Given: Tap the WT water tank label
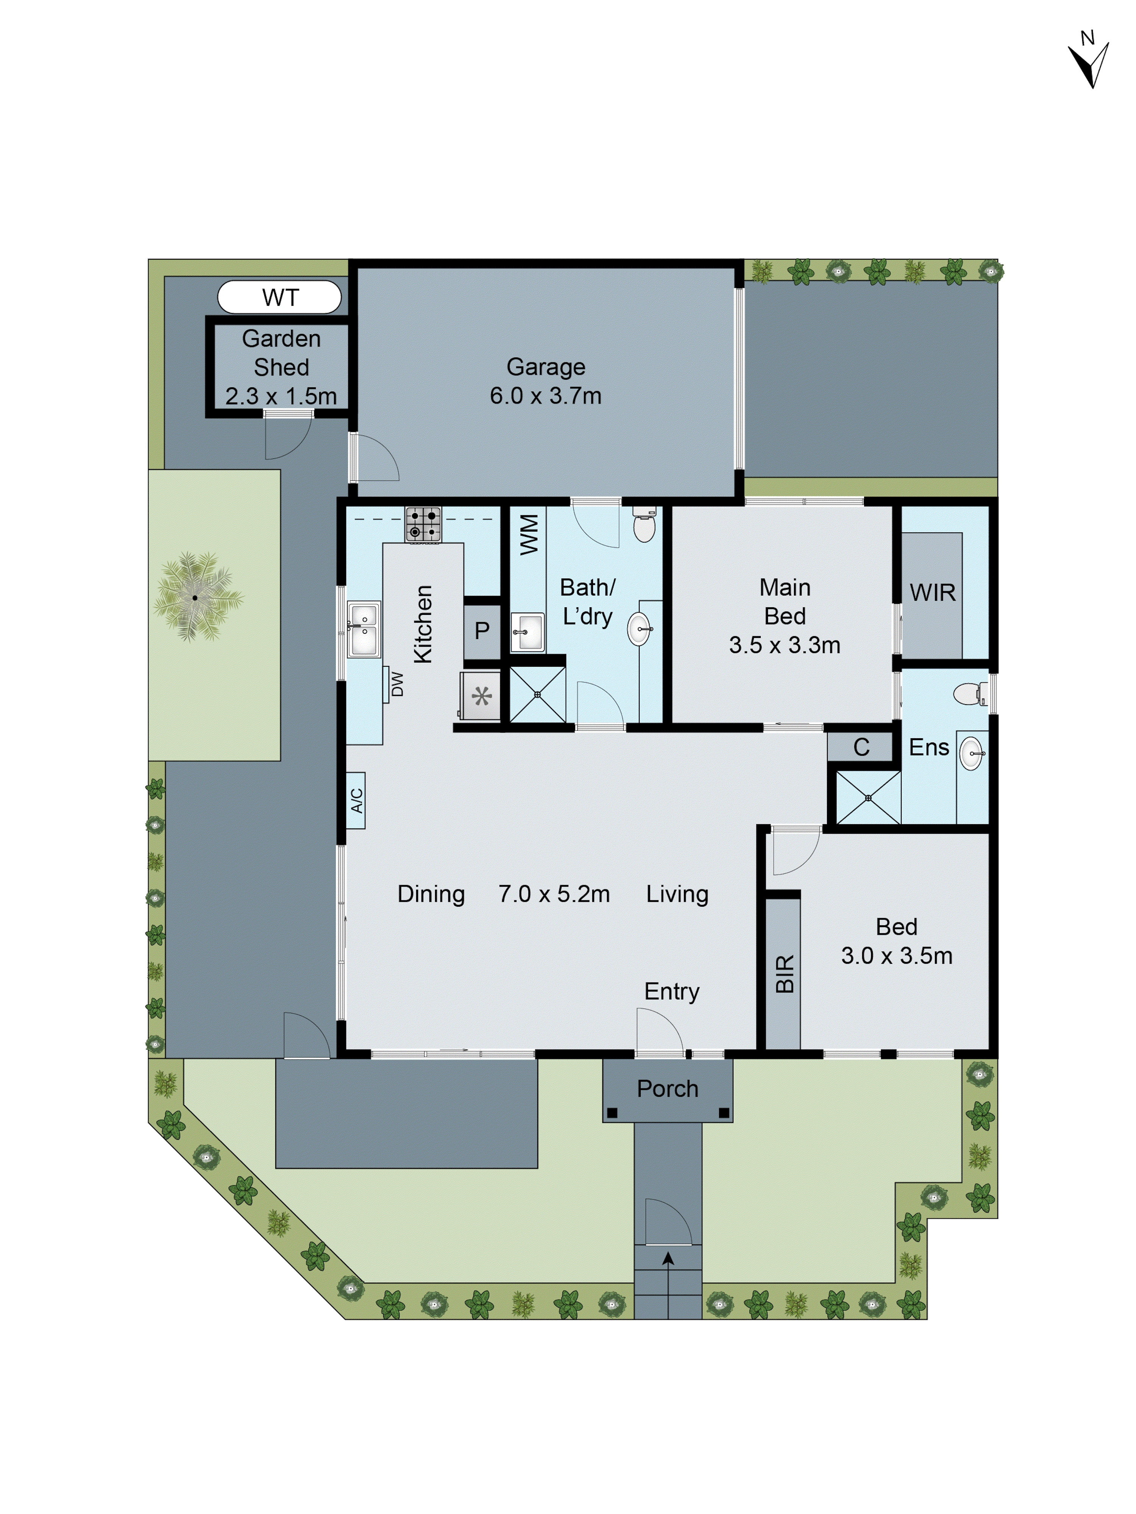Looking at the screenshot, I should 280,298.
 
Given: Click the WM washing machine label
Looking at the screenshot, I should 529,535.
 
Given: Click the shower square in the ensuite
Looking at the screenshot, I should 868,798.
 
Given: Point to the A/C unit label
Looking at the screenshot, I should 356,800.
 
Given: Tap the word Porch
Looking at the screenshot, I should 667,1089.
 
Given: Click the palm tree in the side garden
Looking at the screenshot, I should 196,597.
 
